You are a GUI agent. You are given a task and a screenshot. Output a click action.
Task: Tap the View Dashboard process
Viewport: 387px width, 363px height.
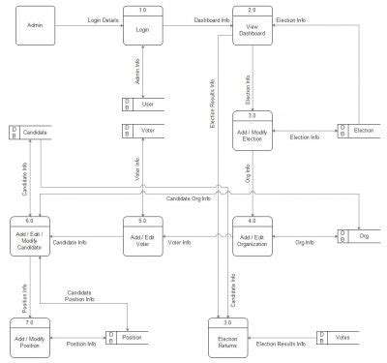253,25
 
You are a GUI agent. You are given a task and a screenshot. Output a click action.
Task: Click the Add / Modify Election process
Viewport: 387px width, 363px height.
253,131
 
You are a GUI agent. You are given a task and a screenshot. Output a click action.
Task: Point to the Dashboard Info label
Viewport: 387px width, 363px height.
212,18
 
